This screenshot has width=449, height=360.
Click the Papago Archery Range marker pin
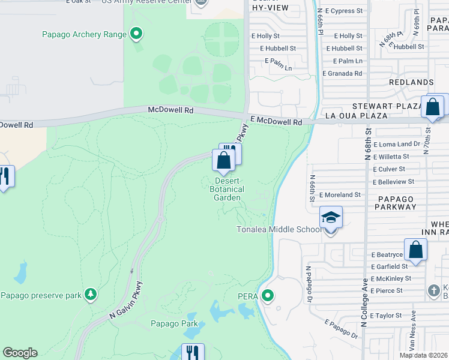(x=136, y=34)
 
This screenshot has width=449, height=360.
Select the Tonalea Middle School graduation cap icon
(x=331, y=217)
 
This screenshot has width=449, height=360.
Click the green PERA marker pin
(x=268, y=295)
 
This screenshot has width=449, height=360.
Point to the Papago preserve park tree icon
(x=91, y=294)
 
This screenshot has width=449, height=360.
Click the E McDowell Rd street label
(x=276, y=121)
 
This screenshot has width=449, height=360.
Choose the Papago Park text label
(x=174, y=324)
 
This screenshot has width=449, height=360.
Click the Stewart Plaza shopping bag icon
(x=432, y=107)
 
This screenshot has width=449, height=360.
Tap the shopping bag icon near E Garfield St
(x=415, y=250)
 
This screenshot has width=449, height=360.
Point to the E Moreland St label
(x=339, y=195)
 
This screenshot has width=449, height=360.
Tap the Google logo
(x=20, y=353)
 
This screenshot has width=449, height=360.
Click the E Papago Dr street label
(x=342, y=330)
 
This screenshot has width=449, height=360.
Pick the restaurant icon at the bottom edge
(x=193, y=352)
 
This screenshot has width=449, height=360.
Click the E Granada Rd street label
(x=342, y=73)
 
